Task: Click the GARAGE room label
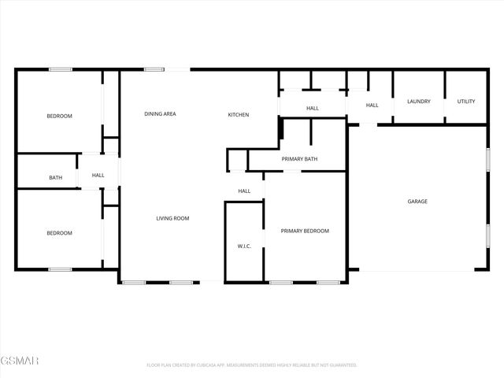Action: [x=417, y=202]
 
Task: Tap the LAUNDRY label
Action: [x=418, y=102]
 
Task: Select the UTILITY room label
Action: [x=466, y=102]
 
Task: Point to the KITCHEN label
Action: [x=239, y=115]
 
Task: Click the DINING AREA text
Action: [x=160, y=114]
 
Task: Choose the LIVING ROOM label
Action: [x=172, y=218]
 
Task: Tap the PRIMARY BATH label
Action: [x=299, y=160]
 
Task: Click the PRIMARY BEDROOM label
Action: [x=305, y=231]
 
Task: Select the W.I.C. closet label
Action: [x=244, y=246]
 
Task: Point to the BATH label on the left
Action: [x=56, y=178]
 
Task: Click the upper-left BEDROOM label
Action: [x=59, y=117]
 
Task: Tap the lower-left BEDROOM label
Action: [x=59, y=233]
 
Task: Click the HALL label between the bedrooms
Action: [x=98, y=175]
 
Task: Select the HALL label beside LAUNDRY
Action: [x=372, y=106]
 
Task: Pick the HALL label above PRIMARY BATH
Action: [x=313, y=109]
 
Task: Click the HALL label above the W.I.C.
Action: [x=244, y=191]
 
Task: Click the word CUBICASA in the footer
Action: [x=211, y=365]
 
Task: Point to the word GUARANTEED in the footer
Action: [x=340, y=365]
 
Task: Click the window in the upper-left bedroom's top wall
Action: [x=61, y=70]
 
